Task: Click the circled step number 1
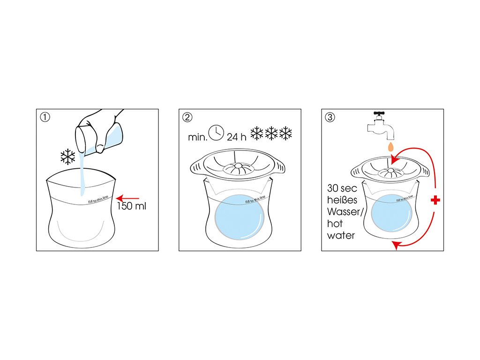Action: (x=45, y=117)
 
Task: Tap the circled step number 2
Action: (x=187, y=117)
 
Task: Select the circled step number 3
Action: (x=330, y=117)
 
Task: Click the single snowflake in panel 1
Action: (x=68, y=157)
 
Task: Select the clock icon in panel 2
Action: (x=217, y=133)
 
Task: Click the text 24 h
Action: (x=236, y=137)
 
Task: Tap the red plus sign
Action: (x=435, y=200)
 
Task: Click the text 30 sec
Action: (x=342, y=189)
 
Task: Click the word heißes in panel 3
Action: (x=343, y=201)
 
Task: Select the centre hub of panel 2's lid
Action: (x=238, y=166)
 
